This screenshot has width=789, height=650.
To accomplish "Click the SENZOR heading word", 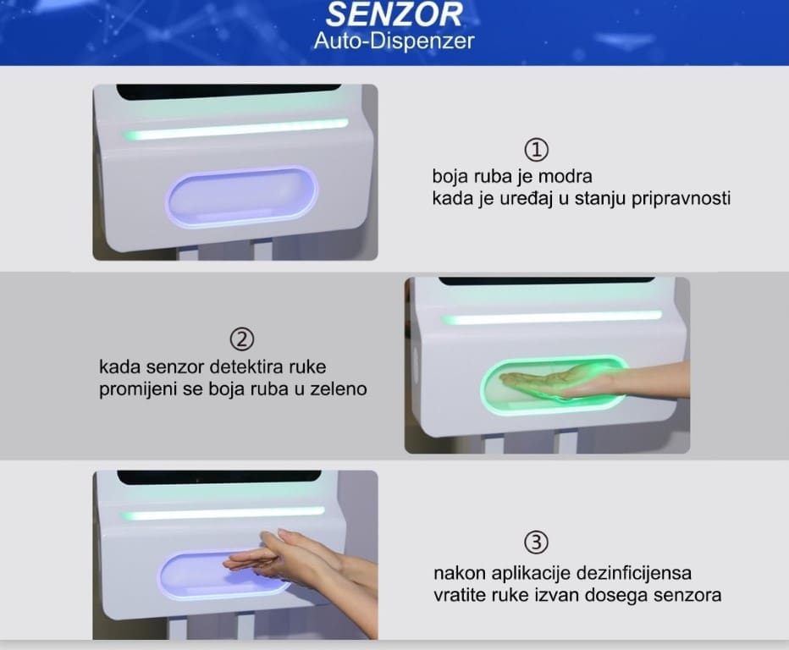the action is click(394, 14).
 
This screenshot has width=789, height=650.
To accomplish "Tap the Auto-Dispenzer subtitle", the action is click(394, 41).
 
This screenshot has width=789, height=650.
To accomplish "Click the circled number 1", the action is click(537, 150).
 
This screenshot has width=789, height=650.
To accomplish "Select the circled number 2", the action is click(242, 339).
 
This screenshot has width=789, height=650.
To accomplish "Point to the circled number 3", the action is click(537, 543).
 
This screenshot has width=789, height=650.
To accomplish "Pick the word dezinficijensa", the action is click(633, 573).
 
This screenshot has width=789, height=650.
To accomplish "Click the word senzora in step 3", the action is click(687, 596).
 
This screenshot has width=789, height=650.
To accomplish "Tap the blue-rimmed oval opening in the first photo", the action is click(241, 196).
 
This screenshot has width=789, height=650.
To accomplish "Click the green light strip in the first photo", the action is click(235, 129).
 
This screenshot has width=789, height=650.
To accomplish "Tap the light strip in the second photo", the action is click(551, 317).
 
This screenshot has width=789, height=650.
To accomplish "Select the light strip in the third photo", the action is click(223, 514).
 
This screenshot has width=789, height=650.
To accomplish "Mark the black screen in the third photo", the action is click(219, 477).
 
